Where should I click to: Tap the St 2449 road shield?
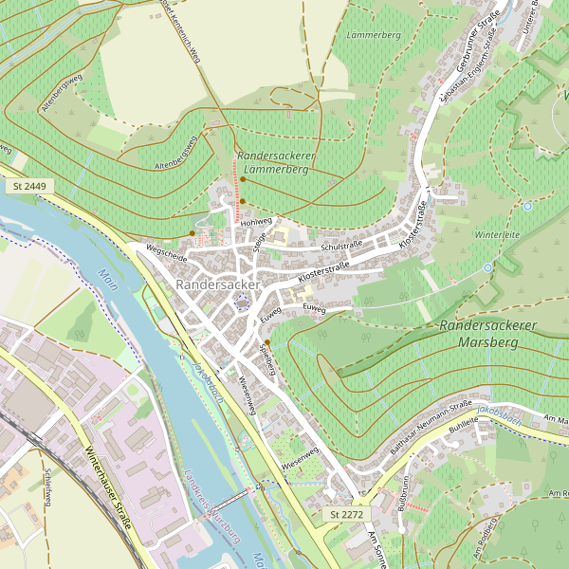[x=29, y=187]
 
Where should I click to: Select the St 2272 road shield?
[x=346, y=513]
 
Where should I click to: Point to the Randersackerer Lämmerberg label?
[x=275, y=161]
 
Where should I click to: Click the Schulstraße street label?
[x=343, y=246]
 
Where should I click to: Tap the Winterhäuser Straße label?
[x=106, y=488]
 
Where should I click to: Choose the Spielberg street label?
[x=267, y=358]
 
